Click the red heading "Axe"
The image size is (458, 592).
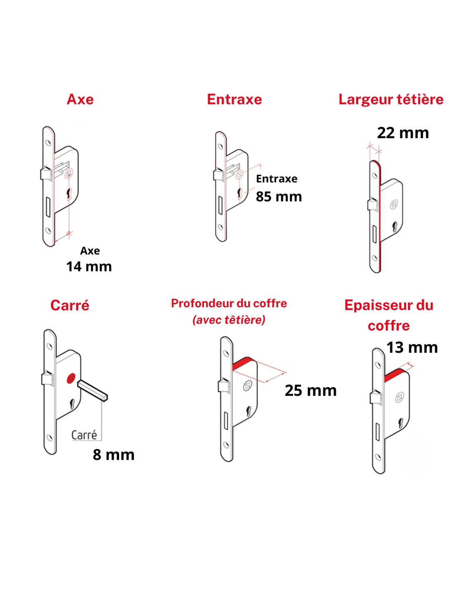point(80,99)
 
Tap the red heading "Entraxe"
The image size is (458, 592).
point(234,99)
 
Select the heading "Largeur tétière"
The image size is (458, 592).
point(391,99)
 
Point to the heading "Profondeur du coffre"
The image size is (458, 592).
point(229,303)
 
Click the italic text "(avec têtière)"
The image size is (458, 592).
point(229,320)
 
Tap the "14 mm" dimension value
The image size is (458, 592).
point(89,266)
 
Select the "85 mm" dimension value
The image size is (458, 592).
point(279,197)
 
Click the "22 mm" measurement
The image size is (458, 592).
point(403,133)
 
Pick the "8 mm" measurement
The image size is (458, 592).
point(114,455)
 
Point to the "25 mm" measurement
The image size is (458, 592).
point(311,391)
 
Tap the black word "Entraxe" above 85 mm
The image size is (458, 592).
point(276,179)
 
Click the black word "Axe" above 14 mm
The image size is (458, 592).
point(90,251)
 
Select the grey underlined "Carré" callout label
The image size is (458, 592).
point(84,435)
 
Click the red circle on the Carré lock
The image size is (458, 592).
point(71,379)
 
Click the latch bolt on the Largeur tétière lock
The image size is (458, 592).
point(373,204)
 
